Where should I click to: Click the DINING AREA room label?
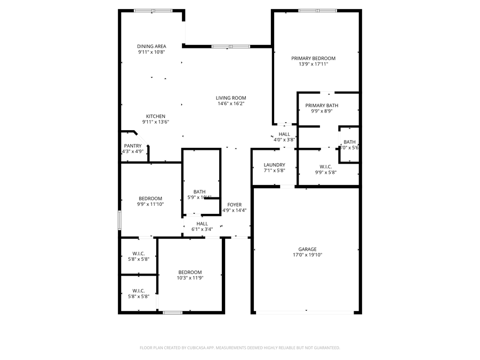tap(151, 46)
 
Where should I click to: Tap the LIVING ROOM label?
tap(231, 98)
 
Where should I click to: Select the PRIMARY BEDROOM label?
tap(313, 58)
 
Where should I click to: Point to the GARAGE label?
tap(307, 249)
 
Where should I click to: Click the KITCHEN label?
tap(156, 116)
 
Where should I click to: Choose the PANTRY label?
tap(133, 146)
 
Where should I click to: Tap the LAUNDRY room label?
tap(274, 165)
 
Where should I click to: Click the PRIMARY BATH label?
tap(322, 106)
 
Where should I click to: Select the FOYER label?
tap(234, 204)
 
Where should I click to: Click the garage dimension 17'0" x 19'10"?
tap(307, 255)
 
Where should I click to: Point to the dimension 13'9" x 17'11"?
tap(313, 64)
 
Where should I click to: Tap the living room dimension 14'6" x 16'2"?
tap(231, 103)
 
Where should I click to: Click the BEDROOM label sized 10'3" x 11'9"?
tap(190, 272)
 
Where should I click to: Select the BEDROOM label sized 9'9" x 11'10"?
tap(150, 198)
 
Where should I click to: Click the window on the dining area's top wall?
tap(153, 10)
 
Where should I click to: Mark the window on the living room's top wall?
tap(230, 46)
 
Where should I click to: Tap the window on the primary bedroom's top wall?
tap(317, 10)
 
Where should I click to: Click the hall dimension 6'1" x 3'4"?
tap(202, 230)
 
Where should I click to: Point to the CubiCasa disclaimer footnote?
tap(240, 348)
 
